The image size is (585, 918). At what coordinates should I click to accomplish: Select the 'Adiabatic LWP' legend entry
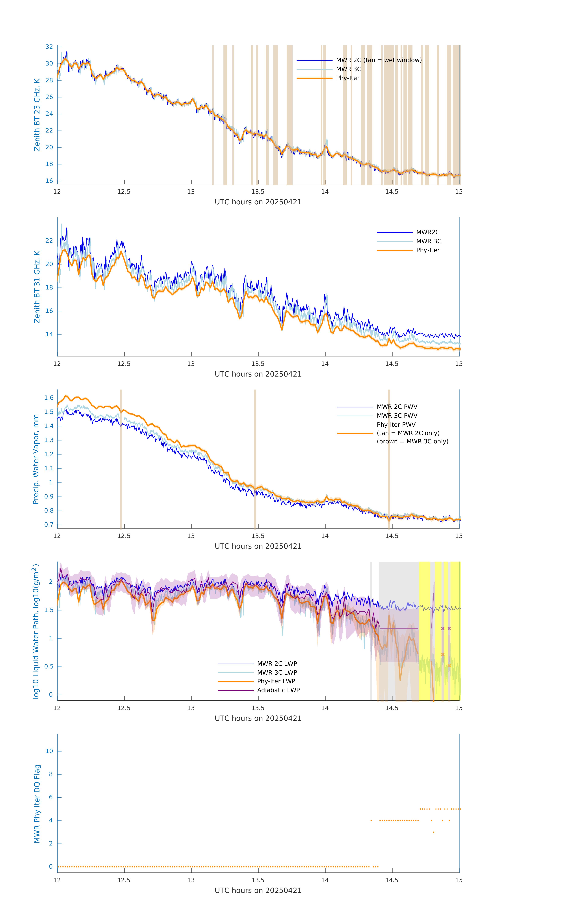click(x=278, y=690)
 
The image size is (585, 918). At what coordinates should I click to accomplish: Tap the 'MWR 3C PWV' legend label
click(x=397, y=416)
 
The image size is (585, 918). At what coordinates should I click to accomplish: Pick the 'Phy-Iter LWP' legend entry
click(x=276, y=681)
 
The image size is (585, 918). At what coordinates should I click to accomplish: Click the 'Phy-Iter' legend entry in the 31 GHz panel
click(x=428, y=250)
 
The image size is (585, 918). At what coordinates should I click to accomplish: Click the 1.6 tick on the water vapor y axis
click(x=49, y=398)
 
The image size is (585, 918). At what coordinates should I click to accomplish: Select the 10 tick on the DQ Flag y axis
click(x=49, y=751)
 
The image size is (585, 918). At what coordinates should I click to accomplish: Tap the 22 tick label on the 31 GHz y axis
click(x=49, y=241)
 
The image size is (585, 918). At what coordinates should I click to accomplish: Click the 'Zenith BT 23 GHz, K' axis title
click(x=37, y=115)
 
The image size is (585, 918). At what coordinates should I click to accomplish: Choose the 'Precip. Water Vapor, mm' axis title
click(x=36, y=459)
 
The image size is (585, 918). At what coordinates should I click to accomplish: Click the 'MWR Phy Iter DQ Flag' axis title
click(x=37, y=803)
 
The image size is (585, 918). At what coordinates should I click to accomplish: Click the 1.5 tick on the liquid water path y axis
click(x=49, y=610)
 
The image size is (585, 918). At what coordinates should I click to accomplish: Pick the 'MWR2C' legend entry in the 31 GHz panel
click(x=428, y=232)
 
